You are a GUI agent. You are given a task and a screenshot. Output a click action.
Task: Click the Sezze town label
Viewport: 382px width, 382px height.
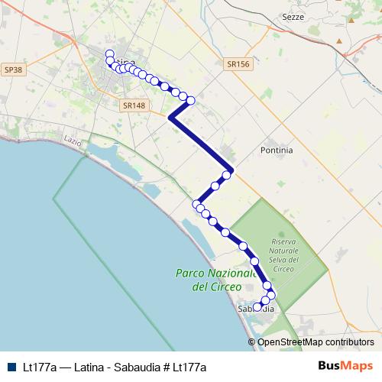tap(314, 16)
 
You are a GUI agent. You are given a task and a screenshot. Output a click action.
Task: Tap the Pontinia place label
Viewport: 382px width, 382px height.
tap(277, 150)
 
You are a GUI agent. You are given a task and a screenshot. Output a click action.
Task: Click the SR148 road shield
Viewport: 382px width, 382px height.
tap(133, 105)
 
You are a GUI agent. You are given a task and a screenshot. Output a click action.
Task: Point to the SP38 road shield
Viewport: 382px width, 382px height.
tap(13, 70)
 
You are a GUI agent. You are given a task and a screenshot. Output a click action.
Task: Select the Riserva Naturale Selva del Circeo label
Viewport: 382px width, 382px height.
tap(283, 255)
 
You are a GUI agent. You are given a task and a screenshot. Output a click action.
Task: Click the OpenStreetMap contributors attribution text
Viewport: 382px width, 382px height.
tap(316, 342)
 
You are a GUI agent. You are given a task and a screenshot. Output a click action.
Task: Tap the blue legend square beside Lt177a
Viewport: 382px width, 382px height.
tap(11, 367)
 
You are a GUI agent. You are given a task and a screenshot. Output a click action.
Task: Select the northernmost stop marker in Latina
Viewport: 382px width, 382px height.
tap(109, 54)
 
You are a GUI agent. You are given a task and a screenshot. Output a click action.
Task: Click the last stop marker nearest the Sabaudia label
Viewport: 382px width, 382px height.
tap(257, 306)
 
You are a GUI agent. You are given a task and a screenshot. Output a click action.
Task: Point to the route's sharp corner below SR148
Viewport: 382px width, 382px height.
tap(170, 118)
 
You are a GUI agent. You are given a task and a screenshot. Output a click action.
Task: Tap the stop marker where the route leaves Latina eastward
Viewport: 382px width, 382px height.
tap(191, 100)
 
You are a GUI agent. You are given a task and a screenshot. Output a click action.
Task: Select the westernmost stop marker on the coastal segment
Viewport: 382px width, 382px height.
tap(196, 204)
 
